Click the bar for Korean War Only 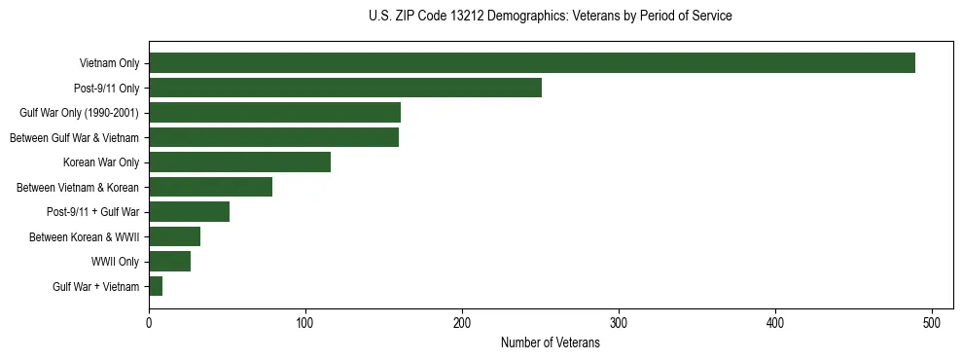click(239, 162)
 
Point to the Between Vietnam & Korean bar click(210, 187)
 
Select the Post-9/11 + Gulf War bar click(189, 212)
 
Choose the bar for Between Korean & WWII click(174, 236)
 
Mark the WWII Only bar click(169, 262)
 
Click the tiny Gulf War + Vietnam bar click(156, 286)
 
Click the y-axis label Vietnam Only click(109, 64)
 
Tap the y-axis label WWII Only click(115, 262)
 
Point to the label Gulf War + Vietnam click(95, 287)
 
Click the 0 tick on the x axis click(149, 321)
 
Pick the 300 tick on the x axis click(619, 321)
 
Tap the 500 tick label click(932, 321)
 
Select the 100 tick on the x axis click(305, 321)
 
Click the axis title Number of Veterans click(550, 343)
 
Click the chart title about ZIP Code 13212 click(550, 17)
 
